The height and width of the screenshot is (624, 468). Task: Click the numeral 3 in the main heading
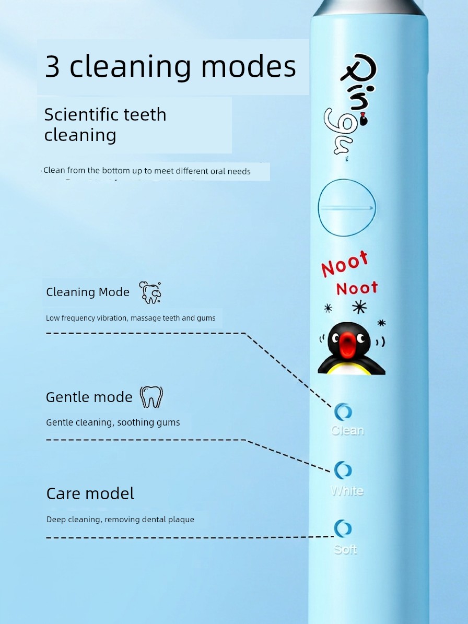click(x=53, y=66)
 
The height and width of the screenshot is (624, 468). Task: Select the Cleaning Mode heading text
click(x=88, y=292)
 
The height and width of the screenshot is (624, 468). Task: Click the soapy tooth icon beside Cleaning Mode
click(x=150, y=292)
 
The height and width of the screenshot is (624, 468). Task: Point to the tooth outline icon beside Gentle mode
click(x=151, y=397)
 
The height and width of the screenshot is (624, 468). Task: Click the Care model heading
click(x=90, y=493)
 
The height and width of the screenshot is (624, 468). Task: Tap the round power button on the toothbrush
click(x=347, y=207)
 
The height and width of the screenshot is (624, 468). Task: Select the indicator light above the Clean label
click(x=343, y=412)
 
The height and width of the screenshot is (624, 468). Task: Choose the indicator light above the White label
click(x=343, y=470)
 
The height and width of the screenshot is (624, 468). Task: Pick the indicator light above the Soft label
click(x=343, y=528)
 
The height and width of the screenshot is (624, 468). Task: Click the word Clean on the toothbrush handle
click(x=347, y=431)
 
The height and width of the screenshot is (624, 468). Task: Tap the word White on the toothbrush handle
click(x=347, y=491)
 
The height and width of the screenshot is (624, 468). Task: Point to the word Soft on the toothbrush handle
click(x=345, y=549)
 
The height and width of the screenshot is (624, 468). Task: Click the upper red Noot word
click(x=345, y=264)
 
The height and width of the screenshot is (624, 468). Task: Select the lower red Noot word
click(x=357, y=289)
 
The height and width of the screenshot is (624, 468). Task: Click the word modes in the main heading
click(x=249, y=66)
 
